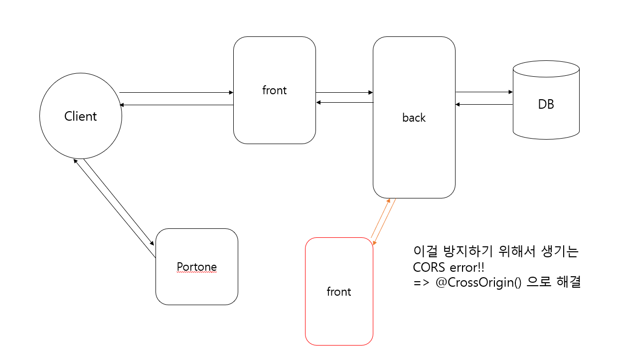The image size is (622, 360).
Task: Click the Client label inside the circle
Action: (80, 116)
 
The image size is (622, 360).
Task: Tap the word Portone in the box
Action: (197, 267)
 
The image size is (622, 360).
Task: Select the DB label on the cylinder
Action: (546, 104)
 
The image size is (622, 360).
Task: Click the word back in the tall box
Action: (414, 118)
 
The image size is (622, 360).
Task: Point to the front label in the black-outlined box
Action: (274, 90)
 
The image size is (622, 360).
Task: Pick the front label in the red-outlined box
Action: (339, 292)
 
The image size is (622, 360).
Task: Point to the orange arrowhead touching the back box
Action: (388, 200)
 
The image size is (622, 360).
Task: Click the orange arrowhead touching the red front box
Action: (374, 243)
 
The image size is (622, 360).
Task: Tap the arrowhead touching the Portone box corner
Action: (153, 243)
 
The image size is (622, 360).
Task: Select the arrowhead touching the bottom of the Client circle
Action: (75, 162)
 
